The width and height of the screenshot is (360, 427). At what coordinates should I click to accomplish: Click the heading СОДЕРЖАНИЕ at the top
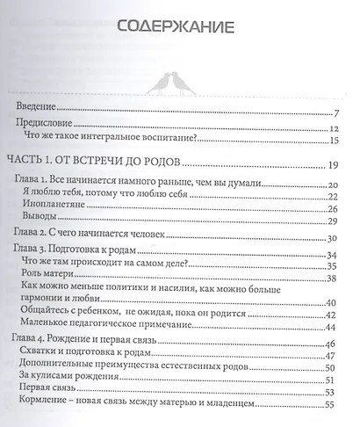pyautogui.click(x=176, y=30)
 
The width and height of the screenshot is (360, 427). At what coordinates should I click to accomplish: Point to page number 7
pyautogui.click(x=336, y=113)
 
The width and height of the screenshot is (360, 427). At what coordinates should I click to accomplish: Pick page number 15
pyautogui.click(x=334, y=140)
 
